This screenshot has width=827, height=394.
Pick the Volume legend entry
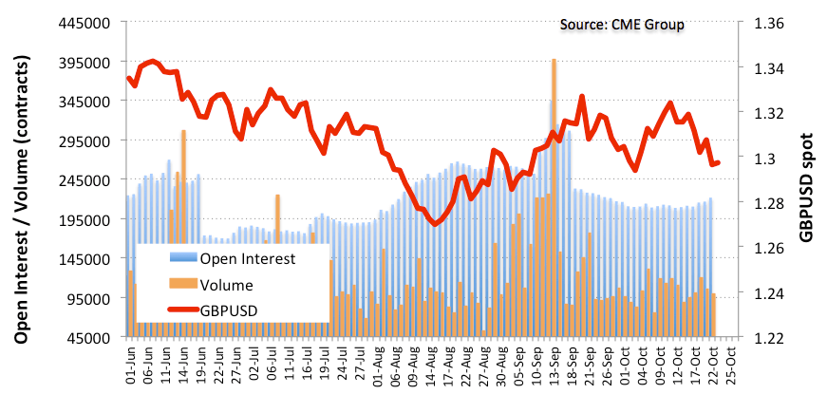click(225, 284)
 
